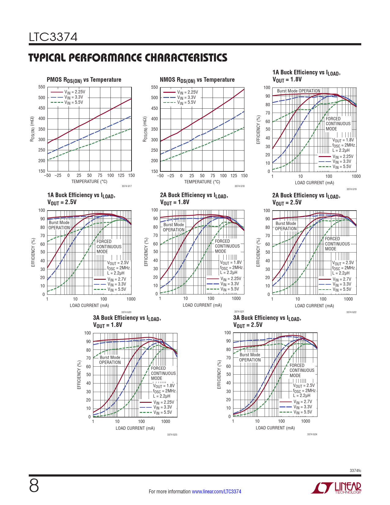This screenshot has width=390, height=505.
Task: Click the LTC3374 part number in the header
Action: click(53, 37)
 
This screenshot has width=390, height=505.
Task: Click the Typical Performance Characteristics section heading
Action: click(128, 58)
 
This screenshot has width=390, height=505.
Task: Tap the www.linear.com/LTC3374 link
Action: click(216, 492)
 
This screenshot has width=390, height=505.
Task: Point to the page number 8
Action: click(34, 486)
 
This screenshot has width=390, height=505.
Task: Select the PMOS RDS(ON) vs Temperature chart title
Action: click(84, 80)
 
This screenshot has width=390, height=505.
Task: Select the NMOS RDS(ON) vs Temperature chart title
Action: click(197, 80)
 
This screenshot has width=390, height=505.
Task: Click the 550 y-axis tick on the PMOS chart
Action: click(42, 87)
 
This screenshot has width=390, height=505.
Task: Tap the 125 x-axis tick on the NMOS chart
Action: click(234, 176)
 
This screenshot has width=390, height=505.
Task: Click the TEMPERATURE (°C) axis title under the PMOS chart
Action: click(89, 181)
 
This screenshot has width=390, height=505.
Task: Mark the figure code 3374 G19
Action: click(351, 189)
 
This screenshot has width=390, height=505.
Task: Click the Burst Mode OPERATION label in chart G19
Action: click(299, 91)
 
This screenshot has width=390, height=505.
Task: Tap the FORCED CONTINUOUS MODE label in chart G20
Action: click(109, 246)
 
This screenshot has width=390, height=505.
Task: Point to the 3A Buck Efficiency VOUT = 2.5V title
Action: click(267, 321)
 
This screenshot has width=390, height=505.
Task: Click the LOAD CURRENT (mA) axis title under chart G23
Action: click(135, 428)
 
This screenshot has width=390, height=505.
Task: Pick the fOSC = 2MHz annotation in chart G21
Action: click(231, 267)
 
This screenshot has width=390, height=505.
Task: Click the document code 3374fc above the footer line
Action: click(355, 470)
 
